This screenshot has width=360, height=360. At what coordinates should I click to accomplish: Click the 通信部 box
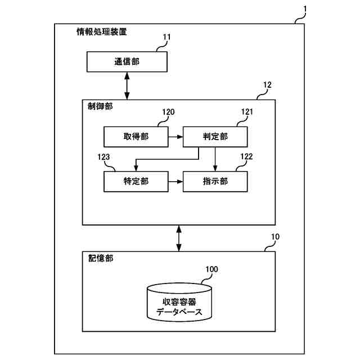pos(127,61)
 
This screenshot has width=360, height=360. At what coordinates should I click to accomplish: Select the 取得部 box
pos(135,137)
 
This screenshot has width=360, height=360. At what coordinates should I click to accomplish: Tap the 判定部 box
pos(214,137)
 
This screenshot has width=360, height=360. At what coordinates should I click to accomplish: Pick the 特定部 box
pos(135,181)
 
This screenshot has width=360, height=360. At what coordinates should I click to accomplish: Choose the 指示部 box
pos(214,181)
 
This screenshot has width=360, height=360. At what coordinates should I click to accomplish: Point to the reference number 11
pos(166,38)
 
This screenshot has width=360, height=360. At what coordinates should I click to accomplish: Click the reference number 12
pos(267,85)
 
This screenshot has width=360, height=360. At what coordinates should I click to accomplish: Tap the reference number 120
pos(168,112)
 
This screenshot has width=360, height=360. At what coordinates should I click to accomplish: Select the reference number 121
pos(247,112)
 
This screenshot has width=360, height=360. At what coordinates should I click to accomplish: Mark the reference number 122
pos(247,156)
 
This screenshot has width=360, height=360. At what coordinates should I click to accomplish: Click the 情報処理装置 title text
pos(101,32)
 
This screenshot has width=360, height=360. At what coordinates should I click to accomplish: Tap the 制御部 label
pos(100,106)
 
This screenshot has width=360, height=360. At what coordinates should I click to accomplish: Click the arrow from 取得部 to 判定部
pos(175,137)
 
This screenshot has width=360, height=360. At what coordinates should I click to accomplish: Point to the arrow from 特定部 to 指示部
pos(175,181)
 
